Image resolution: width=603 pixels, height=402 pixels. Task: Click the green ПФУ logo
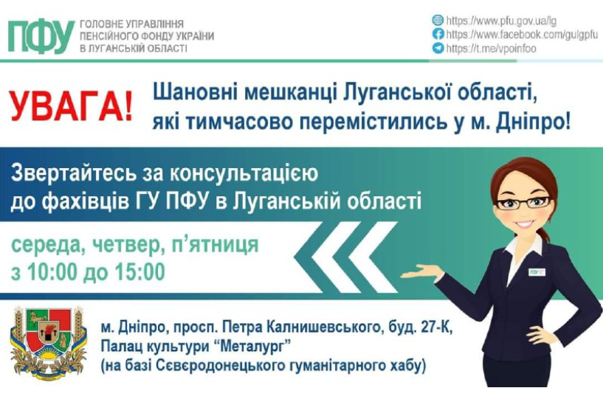tap(41, 37)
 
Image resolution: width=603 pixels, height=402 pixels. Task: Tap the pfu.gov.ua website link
tap(501, 21)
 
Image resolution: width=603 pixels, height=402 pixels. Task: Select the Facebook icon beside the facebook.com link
tap(438, 34)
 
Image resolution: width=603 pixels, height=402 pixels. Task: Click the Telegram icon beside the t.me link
tap(438, 48)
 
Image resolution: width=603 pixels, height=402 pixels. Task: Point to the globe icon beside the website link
tap(438, 20)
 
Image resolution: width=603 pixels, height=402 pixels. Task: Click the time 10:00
tap(52, 271)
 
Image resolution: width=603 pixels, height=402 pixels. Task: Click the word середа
tap(44, 245)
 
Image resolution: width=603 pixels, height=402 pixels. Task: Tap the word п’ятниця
tap(215, 244)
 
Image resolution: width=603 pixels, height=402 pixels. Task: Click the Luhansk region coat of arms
tap(48, 342)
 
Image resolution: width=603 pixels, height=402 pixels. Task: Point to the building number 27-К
tap(438, 328)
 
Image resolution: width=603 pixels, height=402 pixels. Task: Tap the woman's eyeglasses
tap(523, 202)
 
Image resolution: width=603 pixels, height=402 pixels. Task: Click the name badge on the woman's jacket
tap(537, 272)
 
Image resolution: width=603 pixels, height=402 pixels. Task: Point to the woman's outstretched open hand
tap(422, 271)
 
